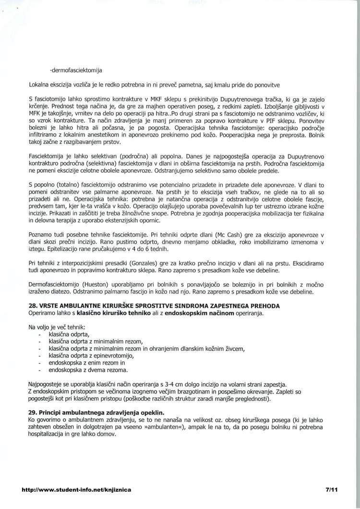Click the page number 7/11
click(332, 490)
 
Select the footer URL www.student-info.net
click(76, 490)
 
